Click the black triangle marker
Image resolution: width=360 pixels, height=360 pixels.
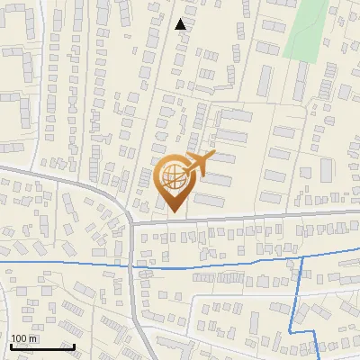coord(181,24)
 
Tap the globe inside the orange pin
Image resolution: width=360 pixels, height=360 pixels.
coord(175,179)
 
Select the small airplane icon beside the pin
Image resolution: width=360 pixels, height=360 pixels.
coord(199,164)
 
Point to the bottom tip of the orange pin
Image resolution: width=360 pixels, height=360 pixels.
coord(175,213)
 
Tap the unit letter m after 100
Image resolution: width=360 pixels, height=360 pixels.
coord(32,338)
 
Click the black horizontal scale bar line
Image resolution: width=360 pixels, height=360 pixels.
coord(41,346)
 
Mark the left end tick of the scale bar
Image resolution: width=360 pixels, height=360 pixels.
coord(10,345)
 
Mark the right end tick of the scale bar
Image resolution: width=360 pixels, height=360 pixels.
coord(74,345)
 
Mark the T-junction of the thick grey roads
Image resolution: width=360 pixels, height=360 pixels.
coord(132,221)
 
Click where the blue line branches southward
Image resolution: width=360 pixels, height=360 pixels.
coord(300,257)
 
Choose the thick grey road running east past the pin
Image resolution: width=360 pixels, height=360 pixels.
coord(252,216)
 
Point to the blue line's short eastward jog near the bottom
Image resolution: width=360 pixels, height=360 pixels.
coord(309,333)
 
